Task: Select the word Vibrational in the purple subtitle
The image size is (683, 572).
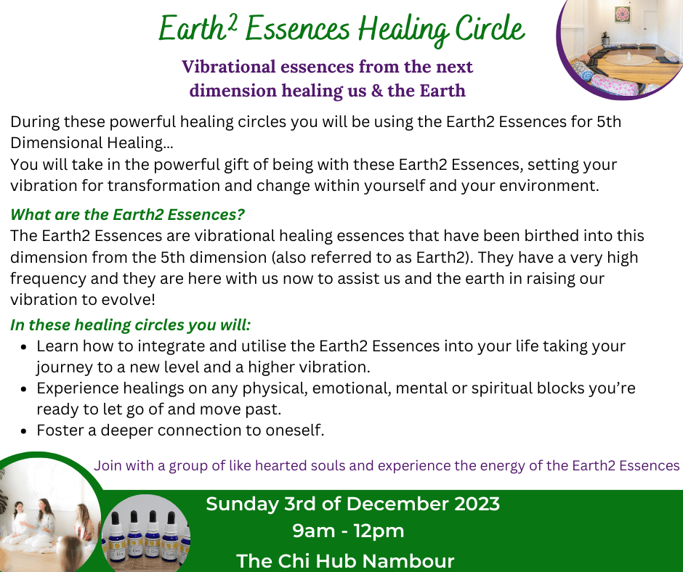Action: [x=229, y=67]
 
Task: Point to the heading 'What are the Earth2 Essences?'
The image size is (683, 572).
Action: [x=127, y=214]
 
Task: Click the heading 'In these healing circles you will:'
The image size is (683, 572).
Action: [x=130, y=324]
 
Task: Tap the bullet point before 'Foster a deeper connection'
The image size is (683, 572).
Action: [x=24, y=431]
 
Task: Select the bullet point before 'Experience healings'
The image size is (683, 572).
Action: [x=24, y=389]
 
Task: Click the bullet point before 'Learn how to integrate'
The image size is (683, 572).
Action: [x=24, y=347]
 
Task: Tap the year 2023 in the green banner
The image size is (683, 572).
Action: [x=477, y=504]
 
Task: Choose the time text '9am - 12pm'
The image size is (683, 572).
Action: [x=348, y=531]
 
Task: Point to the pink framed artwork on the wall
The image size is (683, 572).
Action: [x=623, y=15]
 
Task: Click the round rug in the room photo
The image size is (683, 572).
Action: [x=628, y=60]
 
